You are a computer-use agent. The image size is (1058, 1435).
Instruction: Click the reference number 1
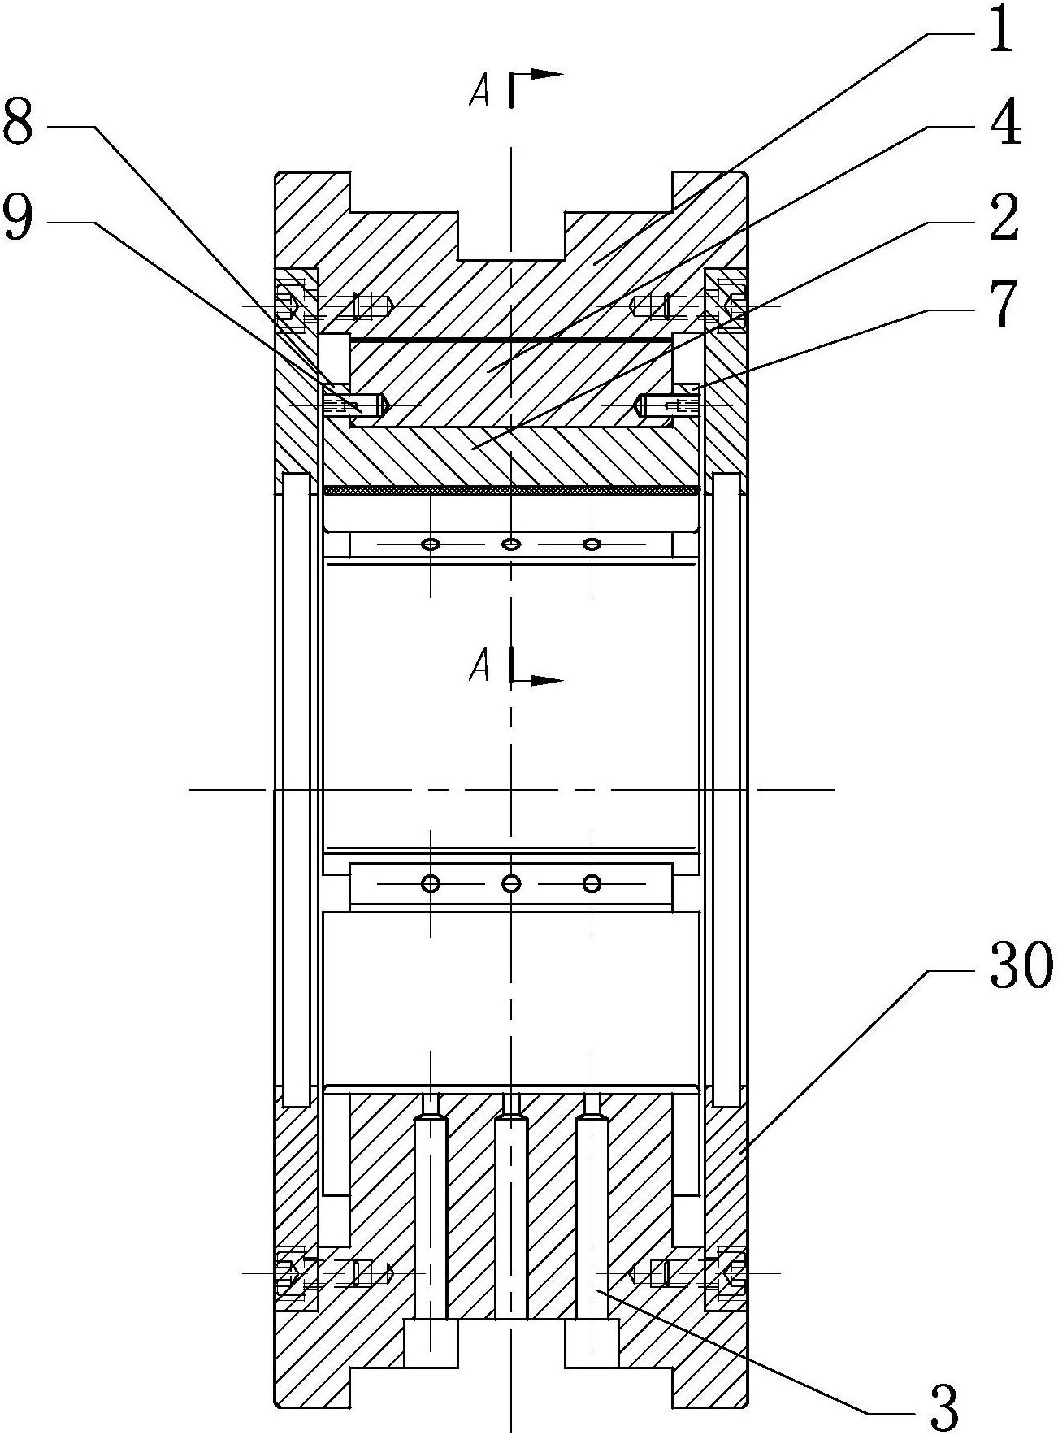1001,28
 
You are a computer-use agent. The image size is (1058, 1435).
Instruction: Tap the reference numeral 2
1004,216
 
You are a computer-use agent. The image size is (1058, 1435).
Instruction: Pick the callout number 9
20,216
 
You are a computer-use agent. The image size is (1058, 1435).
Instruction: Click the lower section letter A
479,667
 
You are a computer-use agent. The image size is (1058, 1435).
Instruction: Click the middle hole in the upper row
510,544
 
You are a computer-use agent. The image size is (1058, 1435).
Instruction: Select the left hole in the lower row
430,883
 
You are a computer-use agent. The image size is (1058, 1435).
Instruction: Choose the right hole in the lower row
592,883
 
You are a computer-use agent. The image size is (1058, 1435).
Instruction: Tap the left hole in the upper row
430,544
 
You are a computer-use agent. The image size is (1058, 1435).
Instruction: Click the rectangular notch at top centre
511,236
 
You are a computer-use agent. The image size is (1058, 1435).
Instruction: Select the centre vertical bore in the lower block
511,1216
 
